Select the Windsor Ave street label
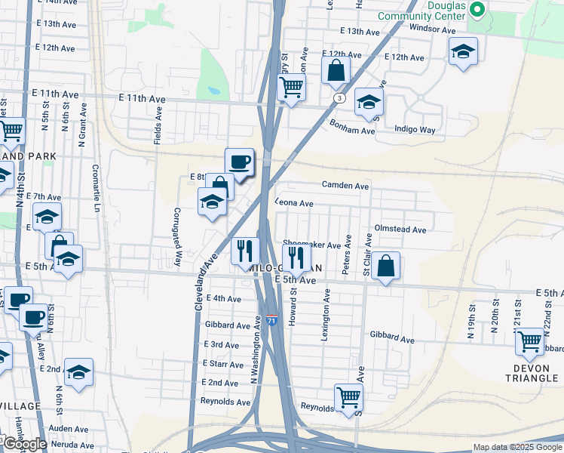click(x=432, y=29)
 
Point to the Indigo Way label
click(x=415, y=130)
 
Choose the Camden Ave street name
click(x=345, y=185)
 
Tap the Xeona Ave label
click(x=294, y=203)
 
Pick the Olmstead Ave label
click(x=400, y=230)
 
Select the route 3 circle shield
click(x=341, y=99)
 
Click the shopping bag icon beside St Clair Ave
click(x=385, y=266)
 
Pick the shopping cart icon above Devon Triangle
click(x=529, y=341)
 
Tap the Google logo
click(x=24, y=444)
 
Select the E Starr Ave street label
click(x=222, y=364)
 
